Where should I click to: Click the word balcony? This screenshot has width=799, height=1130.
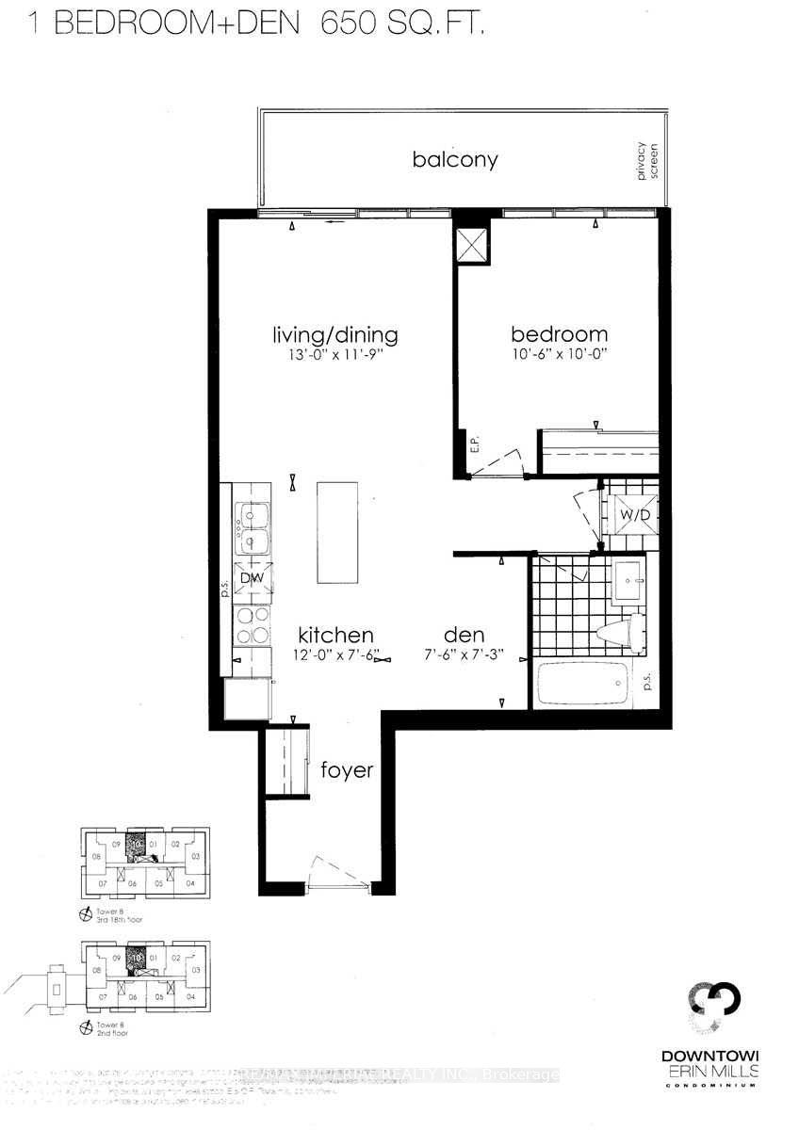coord(454,159)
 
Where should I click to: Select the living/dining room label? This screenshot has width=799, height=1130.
coord(334,334)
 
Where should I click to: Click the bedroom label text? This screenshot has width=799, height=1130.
coord(559,334)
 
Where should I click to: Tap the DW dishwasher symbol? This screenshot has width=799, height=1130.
coord(250,578)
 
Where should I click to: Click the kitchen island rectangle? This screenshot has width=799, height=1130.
coord(338,532)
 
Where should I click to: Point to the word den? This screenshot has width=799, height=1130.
coord(464,635)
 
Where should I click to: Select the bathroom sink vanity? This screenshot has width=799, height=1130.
coord(628,580)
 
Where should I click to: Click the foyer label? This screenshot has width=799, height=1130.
coord(346,770)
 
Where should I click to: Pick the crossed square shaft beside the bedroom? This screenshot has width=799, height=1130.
coord(471,246)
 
